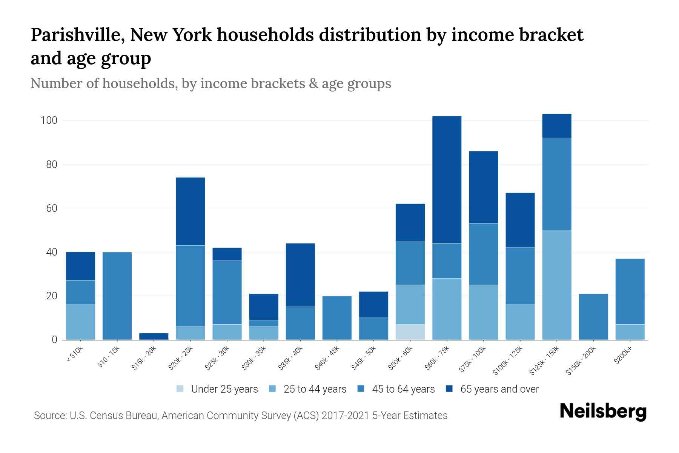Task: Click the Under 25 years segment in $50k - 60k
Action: (x=410, y=332)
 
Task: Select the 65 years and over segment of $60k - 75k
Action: (x=447, y=179)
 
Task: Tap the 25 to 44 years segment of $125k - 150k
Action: (x=557, y=285)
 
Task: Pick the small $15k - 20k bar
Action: (x=154, y=336)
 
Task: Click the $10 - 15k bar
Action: (x=117, y=296)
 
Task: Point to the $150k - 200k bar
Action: (x=593, y=316)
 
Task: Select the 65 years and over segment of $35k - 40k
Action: (x=300, y=275)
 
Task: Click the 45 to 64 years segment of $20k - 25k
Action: (x=190, y=286)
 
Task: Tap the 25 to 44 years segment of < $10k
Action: (x=80, y=322)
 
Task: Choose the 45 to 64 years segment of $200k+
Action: (x=630, y=291)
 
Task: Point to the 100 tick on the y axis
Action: (x=49, y=120)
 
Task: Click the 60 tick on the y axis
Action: (x=51, y=208)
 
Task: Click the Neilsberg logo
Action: (x=603, y=411)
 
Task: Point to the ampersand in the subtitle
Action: (x=313, y=83)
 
